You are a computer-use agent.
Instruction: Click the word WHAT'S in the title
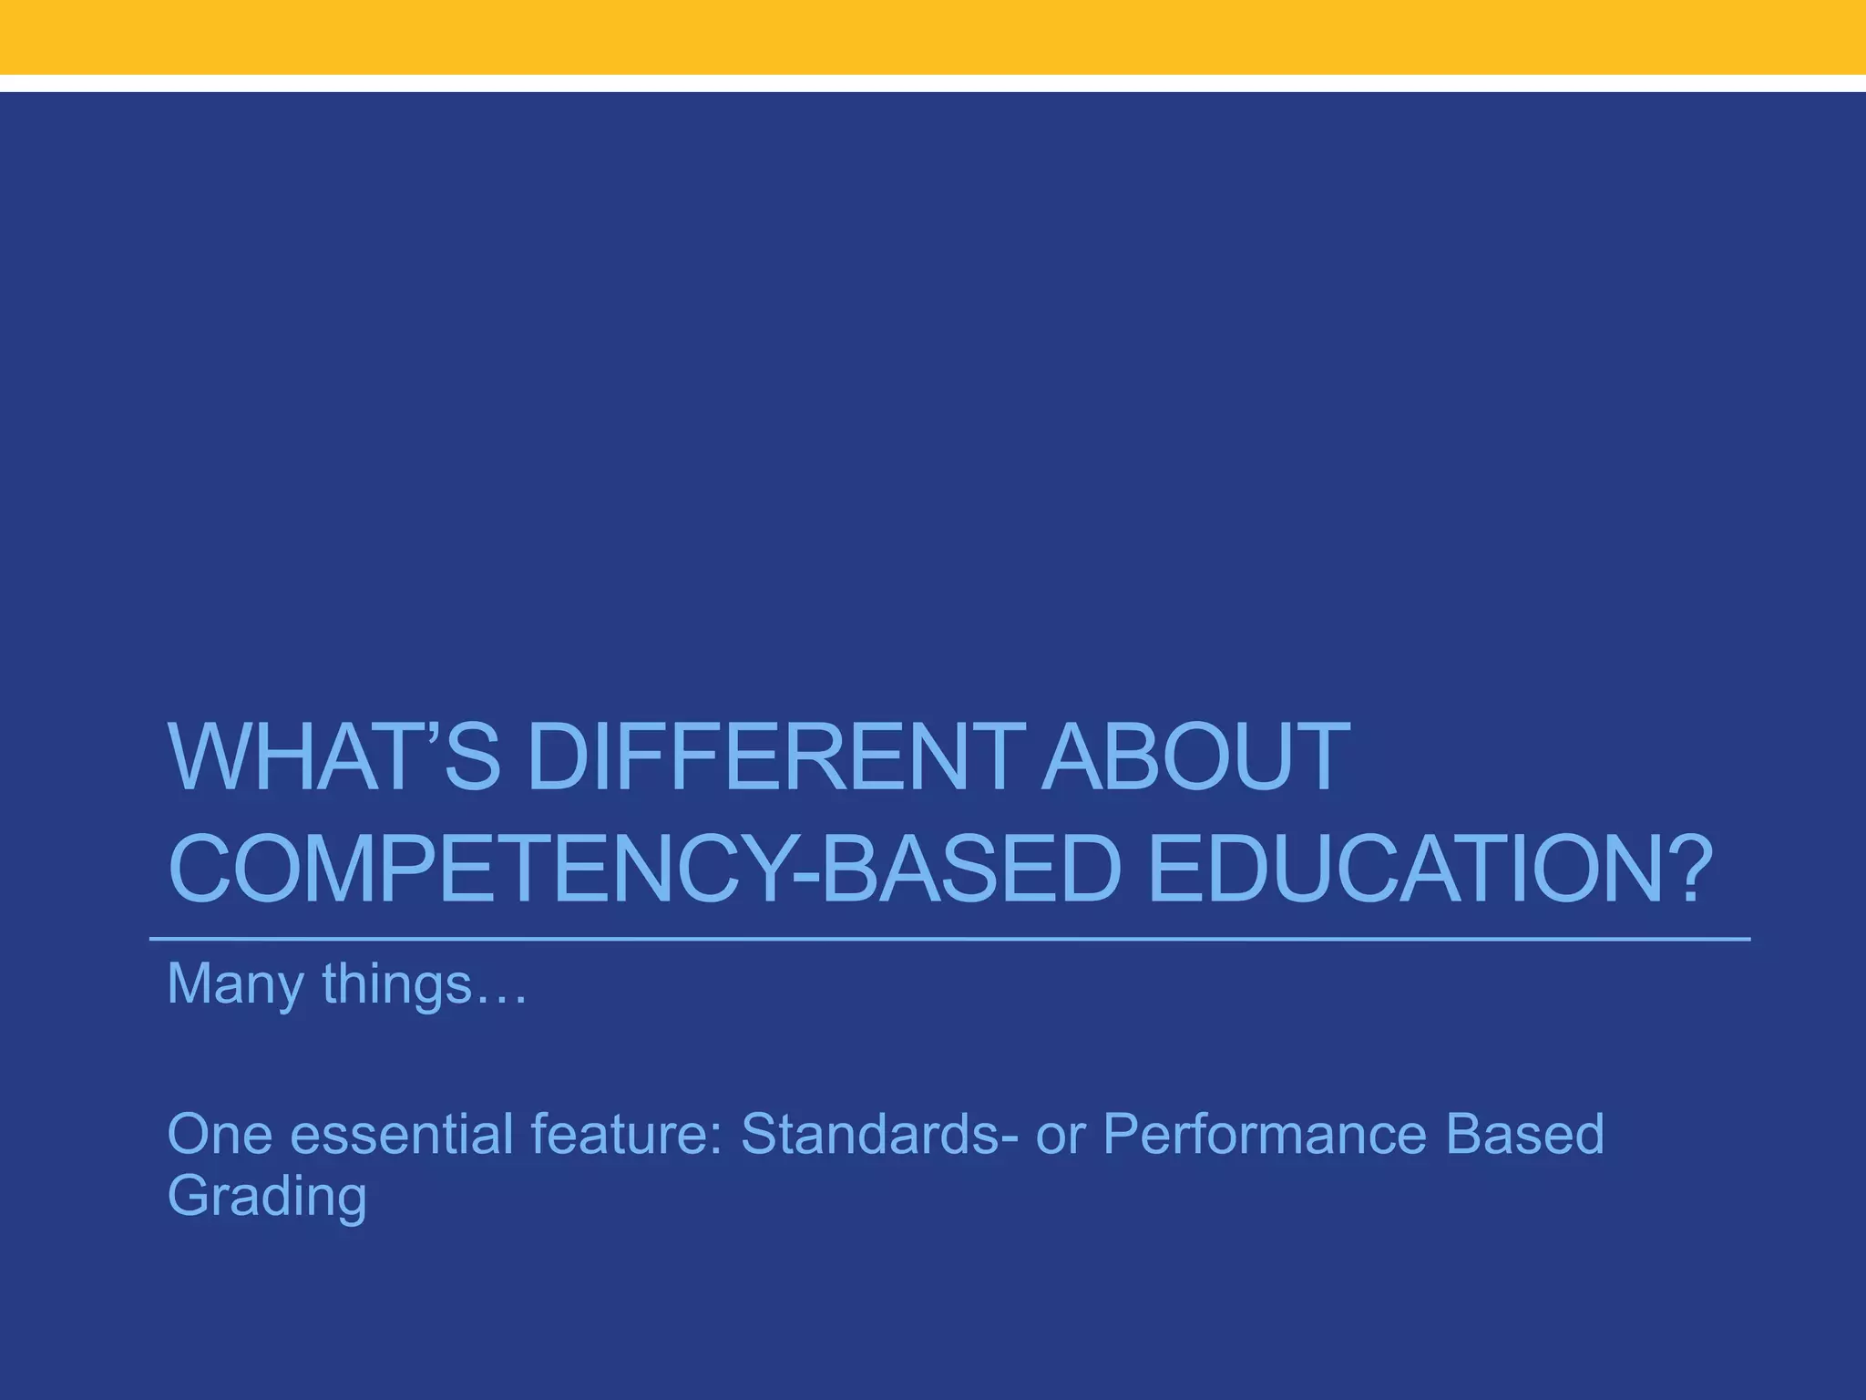[333, 756]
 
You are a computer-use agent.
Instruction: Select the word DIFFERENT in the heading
[770, 756]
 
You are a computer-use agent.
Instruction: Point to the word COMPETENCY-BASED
[643, 870]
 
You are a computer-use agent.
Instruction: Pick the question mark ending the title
[1678, 870]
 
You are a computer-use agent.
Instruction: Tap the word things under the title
[396, 985]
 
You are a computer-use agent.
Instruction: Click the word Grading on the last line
[267, 1196]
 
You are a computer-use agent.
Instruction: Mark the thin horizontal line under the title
[948, 938]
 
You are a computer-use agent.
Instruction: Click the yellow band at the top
[933, 36]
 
